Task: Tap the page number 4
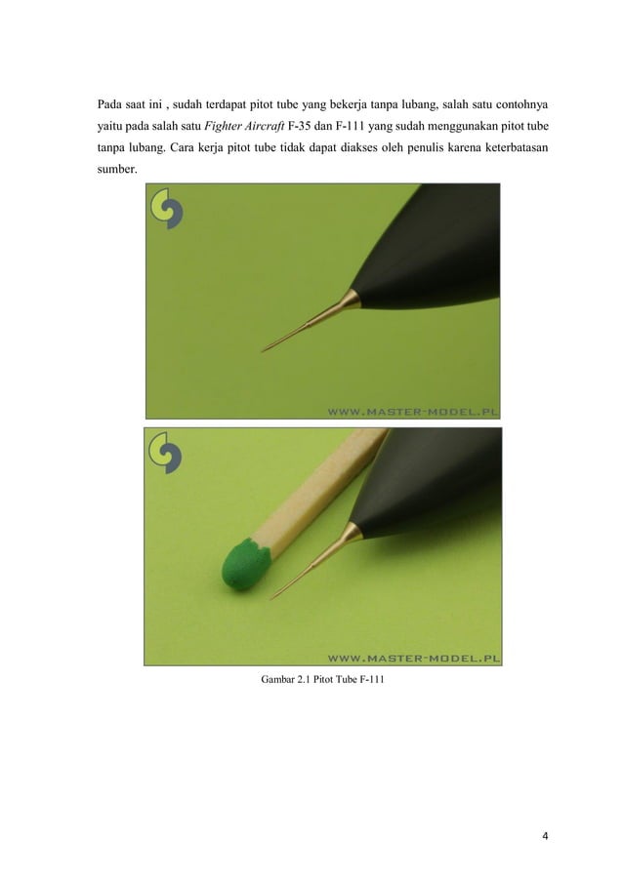[545, 836]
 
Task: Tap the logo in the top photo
[166, 209]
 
